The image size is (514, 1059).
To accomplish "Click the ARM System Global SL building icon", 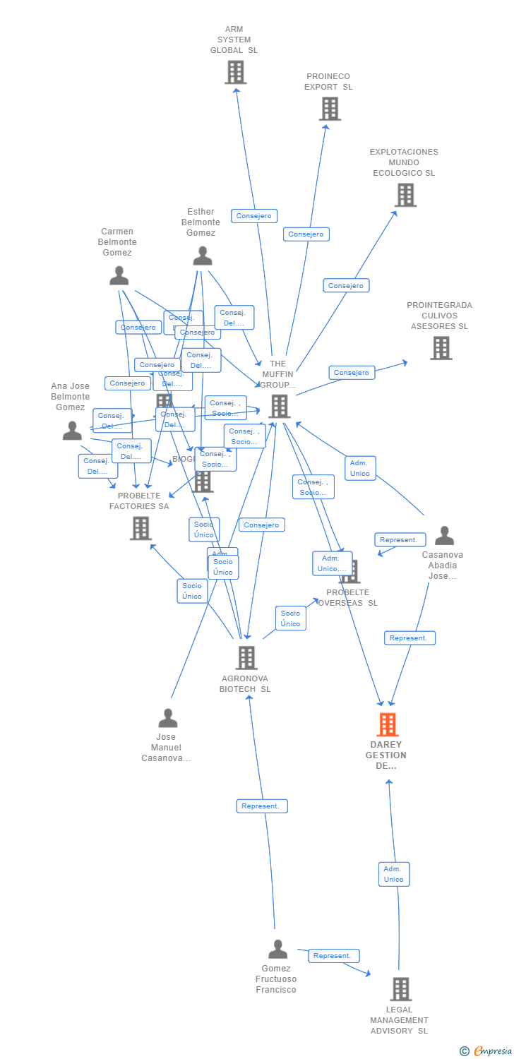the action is tap(235, 72).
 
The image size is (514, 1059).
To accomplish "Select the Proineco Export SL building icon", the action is tap(330, 109).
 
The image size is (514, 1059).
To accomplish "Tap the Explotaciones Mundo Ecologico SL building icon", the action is tap(405, 195).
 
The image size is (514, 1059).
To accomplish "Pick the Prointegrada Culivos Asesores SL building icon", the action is tap(441, 348).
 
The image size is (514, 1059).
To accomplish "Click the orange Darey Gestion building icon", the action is tap(387, 725).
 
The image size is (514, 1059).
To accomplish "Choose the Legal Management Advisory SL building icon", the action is tap(400, 989).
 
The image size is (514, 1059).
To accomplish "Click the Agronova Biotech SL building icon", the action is tap(246, 658).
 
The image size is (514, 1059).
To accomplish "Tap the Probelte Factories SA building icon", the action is tap(141, 528).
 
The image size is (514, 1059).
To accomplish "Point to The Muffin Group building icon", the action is tap(280, 406).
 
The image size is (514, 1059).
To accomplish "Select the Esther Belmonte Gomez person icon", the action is tap(203, 256).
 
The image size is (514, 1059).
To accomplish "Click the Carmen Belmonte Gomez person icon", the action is tap(119, 276).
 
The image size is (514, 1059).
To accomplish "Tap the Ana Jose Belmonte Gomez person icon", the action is tap(72, 431).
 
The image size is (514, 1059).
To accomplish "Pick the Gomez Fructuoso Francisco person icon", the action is tap(278, 950).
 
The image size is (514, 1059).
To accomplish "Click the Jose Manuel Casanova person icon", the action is tap(168, 718).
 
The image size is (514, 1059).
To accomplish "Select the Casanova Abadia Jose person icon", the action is tap(444, 536).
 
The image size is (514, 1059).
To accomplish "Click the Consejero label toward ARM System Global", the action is tap(254, 216).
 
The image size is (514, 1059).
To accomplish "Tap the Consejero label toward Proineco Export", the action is tap(306, 234).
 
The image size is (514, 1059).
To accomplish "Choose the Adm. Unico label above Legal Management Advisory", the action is tap(393, 874).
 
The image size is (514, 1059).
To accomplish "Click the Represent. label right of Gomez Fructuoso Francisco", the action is tap(333, 956).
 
